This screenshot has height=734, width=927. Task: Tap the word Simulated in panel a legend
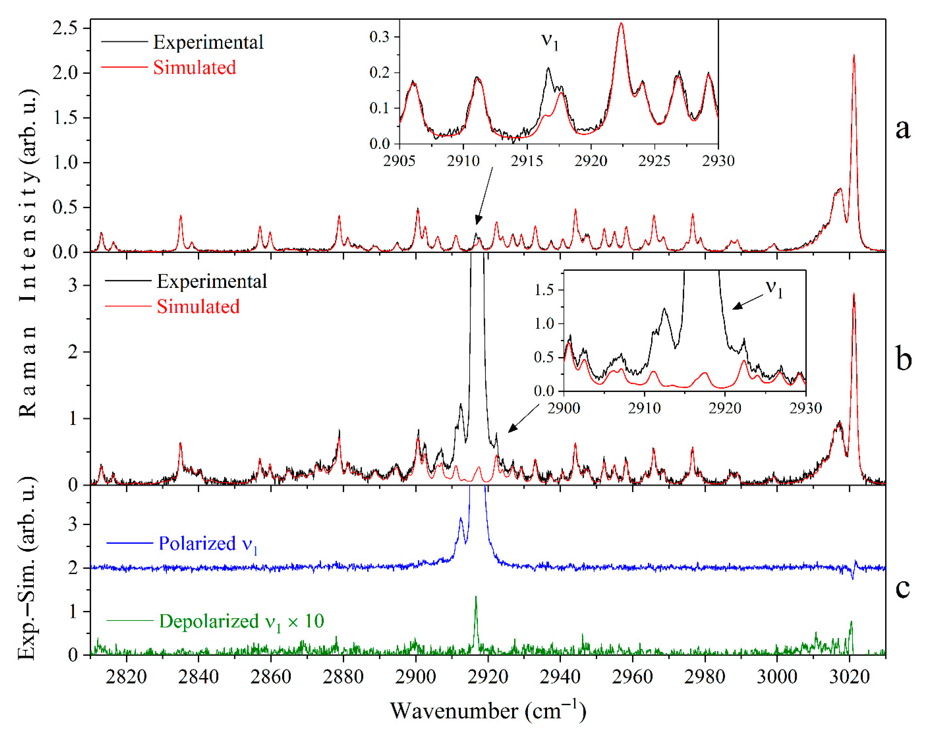[x=194, y=67]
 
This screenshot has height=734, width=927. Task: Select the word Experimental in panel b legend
[x=212, y=282]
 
